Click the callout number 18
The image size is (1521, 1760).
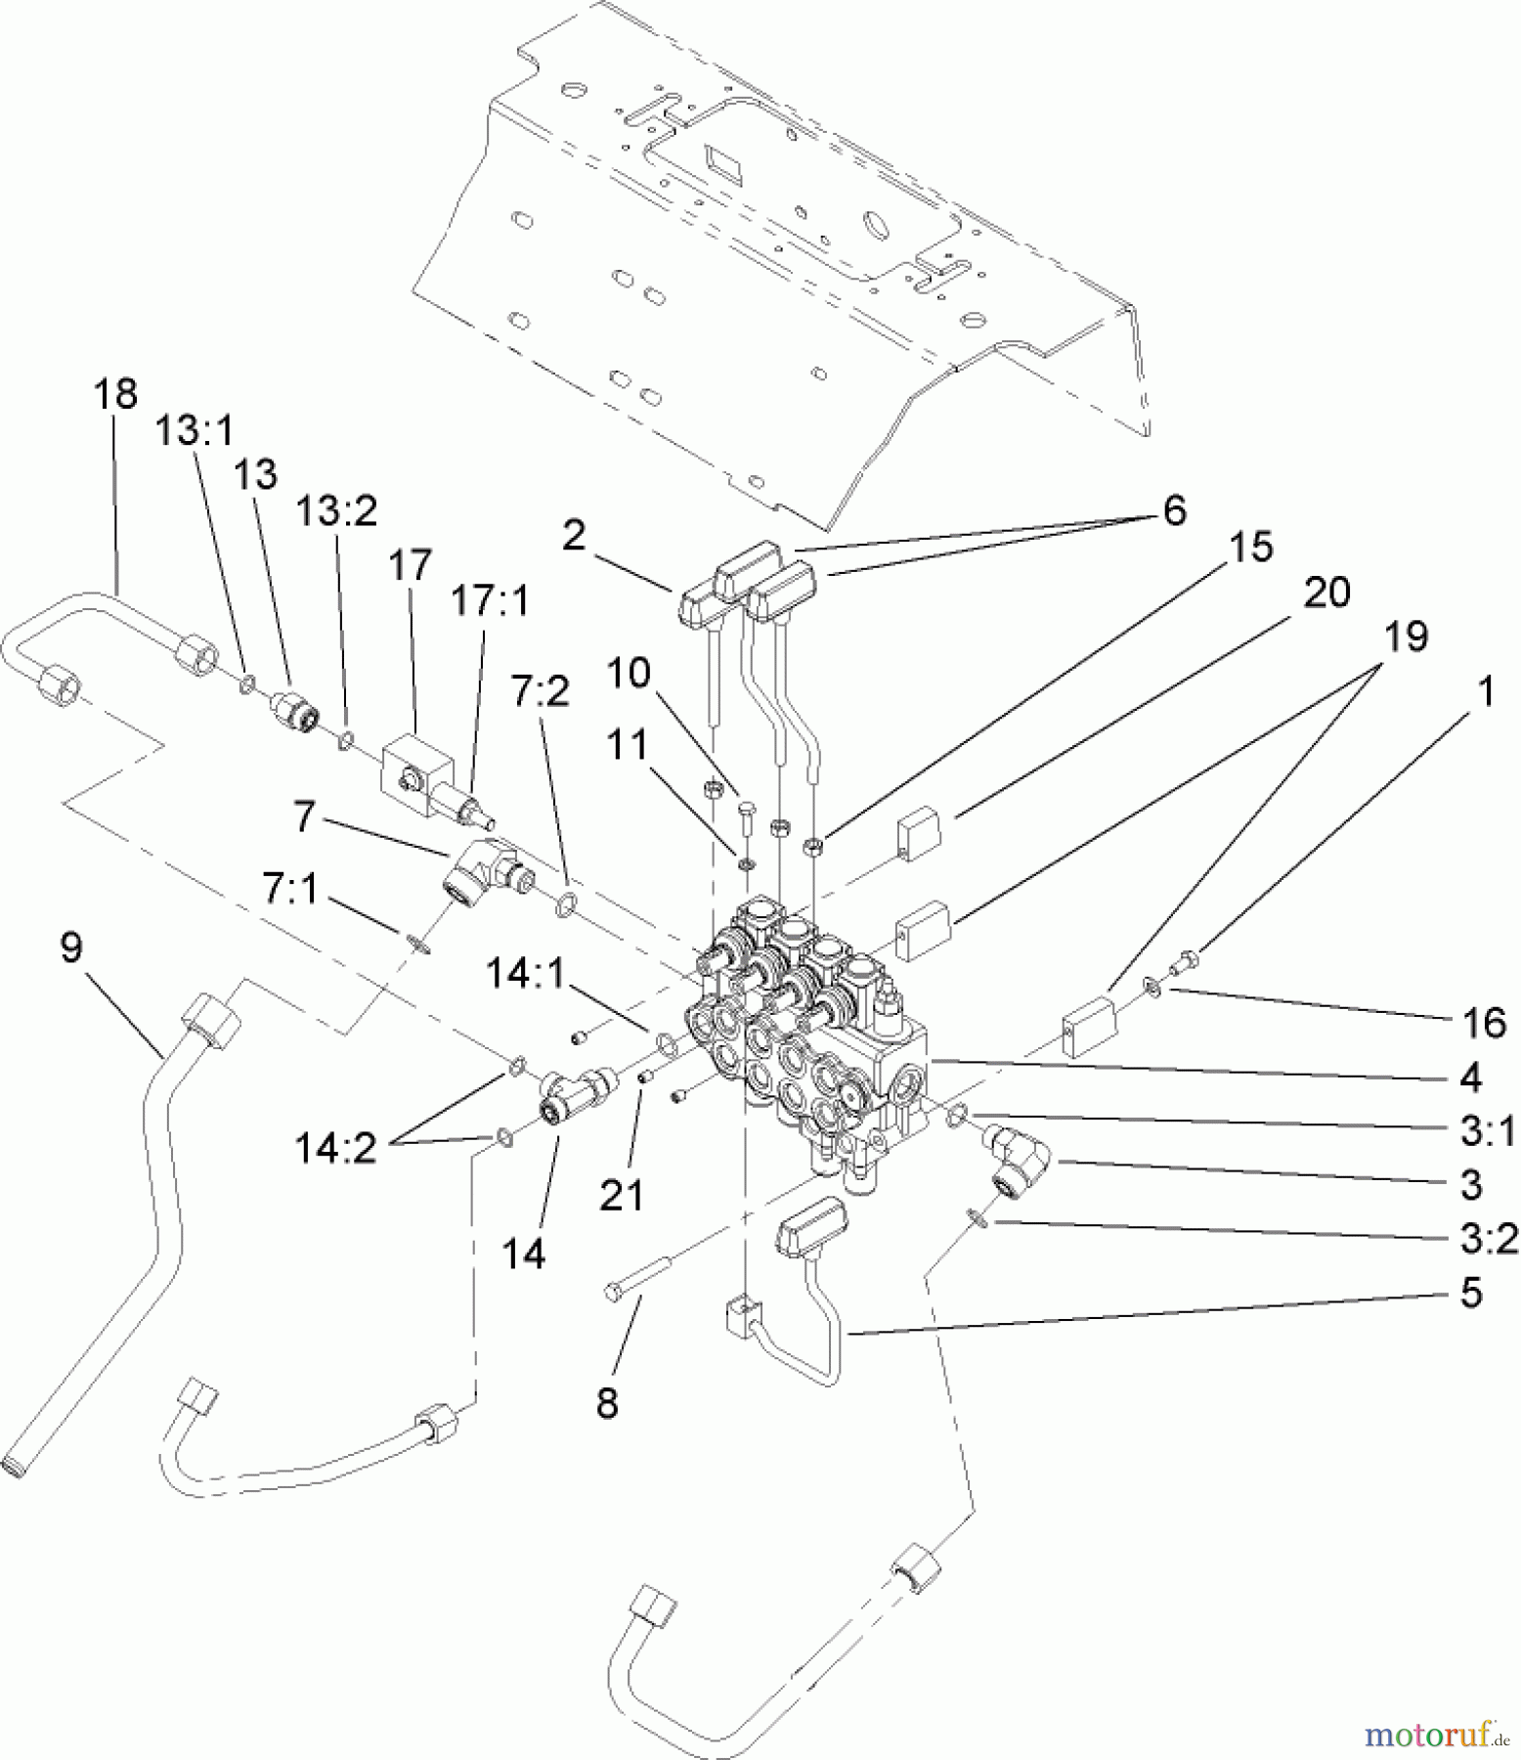[115, 394]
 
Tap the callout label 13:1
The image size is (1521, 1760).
[195, 430]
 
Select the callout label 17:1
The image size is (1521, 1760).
[489, 601]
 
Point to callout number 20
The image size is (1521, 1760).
[1326, 593]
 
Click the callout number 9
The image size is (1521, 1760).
[71, 946]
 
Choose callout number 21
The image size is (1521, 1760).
[621, 1195]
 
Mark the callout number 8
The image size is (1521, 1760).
[607, 1403]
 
